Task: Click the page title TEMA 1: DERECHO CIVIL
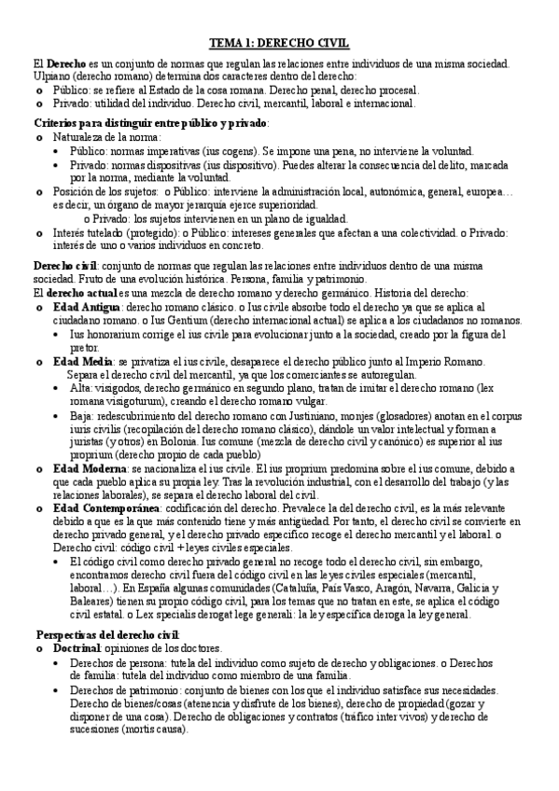pos(279,43)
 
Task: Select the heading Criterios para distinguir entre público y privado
pos(151,122)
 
